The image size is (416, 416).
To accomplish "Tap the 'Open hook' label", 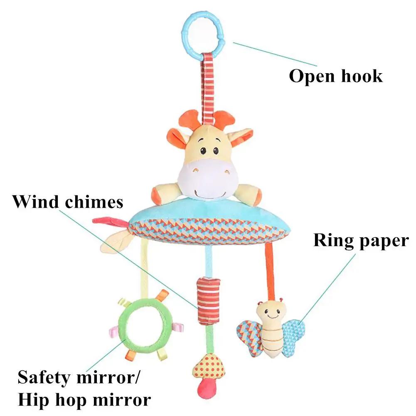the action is [x=336, y=76].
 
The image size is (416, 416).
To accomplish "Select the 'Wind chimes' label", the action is [x=68, y=202].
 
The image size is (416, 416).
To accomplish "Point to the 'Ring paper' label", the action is [x=361, y=241].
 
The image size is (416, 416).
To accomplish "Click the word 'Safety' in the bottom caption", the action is [x=44, y=378].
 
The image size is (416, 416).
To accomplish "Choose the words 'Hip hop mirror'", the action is [x=84, y=400].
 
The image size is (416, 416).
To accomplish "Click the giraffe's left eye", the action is [x=204, y=151].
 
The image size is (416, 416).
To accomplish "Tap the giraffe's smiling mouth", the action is [x=210, y=194].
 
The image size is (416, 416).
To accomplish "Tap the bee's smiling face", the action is [x=271, y=313].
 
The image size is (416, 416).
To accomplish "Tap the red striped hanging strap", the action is [x=208, y=88].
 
